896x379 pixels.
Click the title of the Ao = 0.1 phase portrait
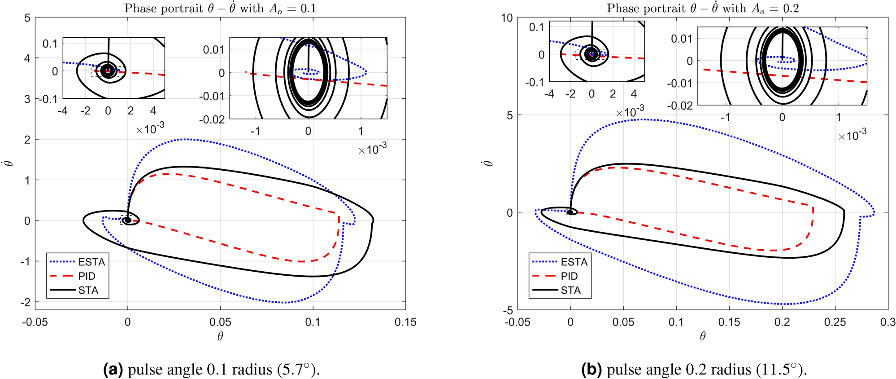(220, 8)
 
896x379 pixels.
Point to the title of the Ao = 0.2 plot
(702, 8)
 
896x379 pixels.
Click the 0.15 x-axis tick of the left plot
(405, 322)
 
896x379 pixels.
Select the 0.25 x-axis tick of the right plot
(835, 322)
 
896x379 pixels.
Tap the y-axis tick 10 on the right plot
(507, 18)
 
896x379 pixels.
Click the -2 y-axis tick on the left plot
(26, 302)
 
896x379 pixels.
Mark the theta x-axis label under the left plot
(220, 336)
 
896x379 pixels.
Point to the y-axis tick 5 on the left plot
(27, 18)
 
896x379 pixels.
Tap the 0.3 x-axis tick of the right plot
(887, 322)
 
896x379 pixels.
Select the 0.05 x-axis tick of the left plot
(220, 322)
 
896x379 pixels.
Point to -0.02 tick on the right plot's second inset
(681, 106)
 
